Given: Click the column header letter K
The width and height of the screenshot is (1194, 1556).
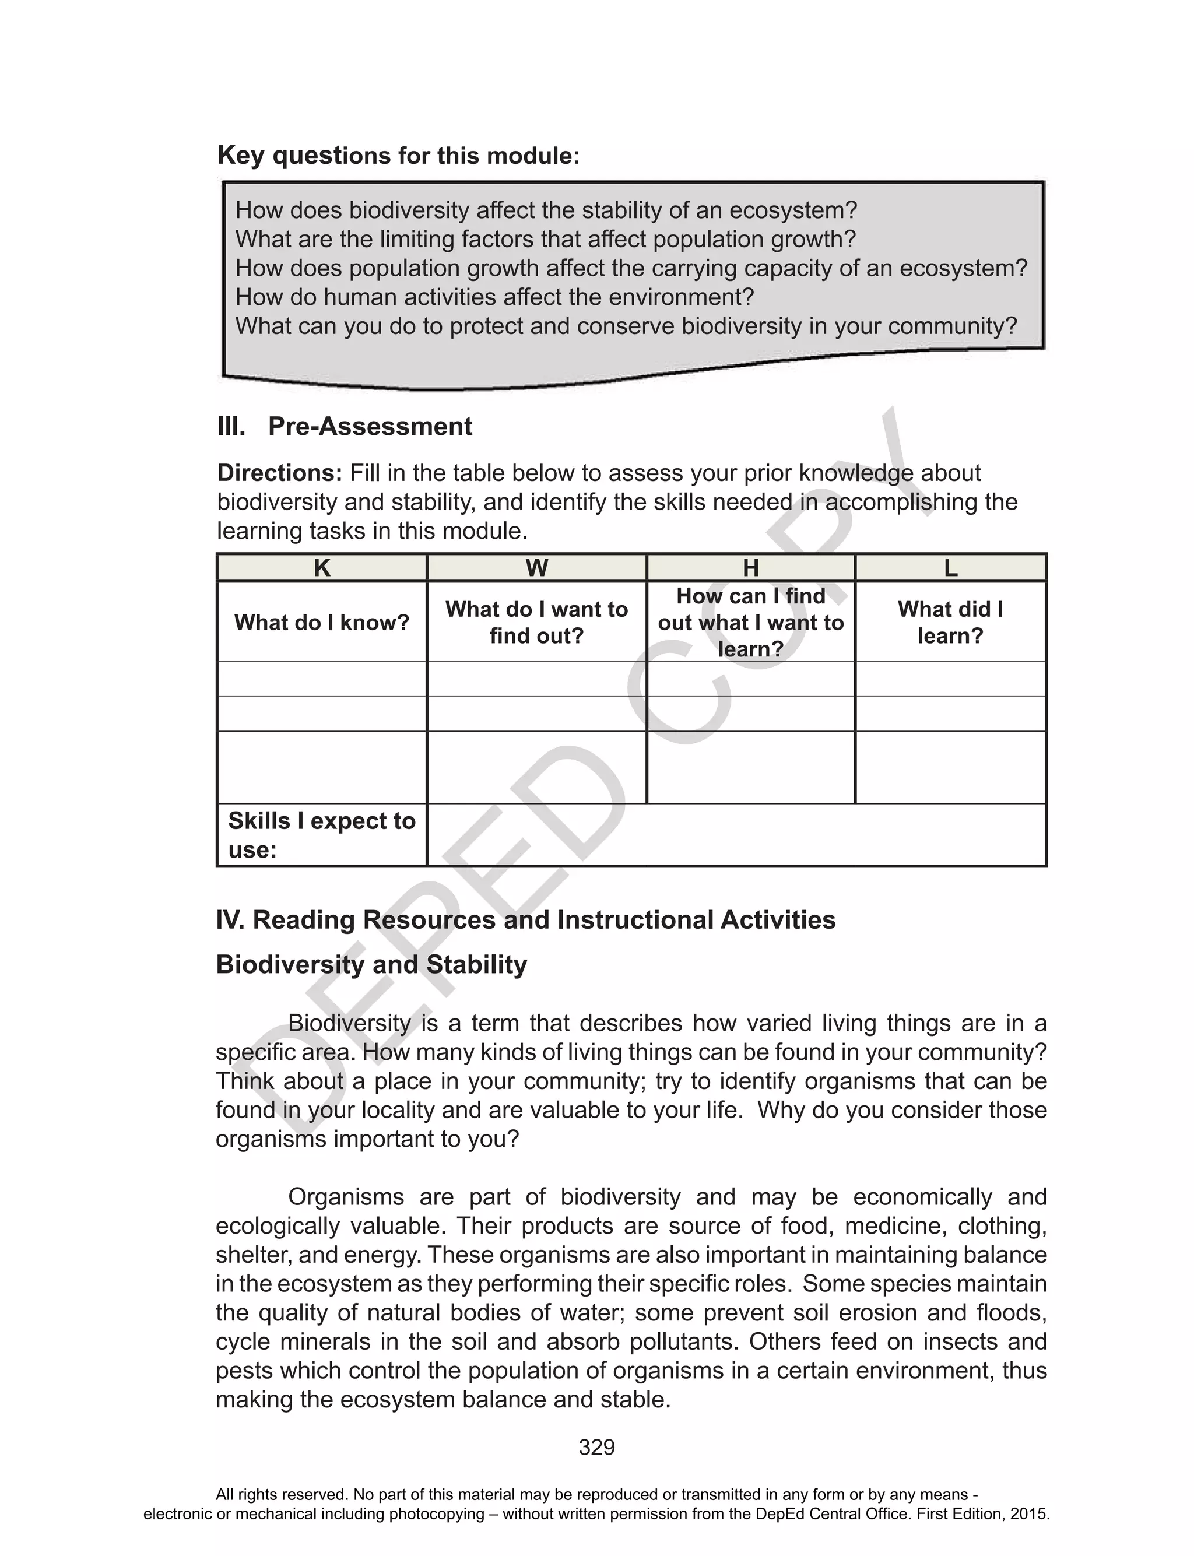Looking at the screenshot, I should (x=321, y=568).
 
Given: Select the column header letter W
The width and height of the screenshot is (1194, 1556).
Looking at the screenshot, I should (x=536, y=568).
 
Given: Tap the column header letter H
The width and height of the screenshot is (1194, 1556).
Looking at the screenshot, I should (x=750, y=568).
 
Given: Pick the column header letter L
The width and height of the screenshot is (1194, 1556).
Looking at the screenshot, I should (x=950, y=568).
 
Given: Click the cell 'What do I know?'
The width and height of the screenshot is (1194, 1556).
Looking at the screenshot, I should (x=322, y=623).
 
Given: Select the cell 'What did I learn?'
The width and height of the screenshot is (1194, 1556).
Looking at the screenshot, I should (x=950, y=623).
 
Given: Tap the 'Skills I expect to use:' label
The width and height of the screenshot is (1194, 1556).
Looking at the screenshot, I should (x=321, y=835).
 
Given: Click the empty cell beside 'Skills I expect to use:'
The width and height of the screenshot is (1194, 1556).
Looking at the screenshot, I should (x=736, y=835).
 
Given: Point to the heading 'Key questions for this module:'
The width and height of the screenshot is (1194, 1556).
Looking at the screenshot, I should (x=398, y=156).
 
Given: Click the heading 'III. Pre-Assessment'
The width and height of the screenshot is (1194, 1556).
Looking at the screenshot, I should (x=345, y=426).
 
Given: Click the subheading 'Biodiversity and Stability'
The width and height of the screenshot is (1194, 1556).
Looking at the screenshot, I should (x=371, y=964).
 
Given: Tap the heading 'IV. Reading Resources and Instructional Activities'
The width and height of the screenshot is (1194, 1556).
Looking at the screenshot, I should (x=526, y=919).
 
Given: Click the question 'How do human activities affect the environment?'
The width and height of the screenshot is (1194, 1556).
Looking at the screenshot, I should (x=494, y=297).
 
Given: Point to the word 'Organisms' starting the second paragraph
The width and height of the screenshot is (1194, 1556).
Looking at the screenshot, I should (x=345, y=1196).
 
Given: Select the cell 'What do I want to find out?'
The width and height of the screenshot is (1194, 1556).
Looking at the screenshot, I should (x=536, y=623).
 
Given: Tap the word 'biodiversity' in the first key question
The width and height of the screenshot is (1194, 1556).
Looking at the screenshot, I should (x=409, y=210).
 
